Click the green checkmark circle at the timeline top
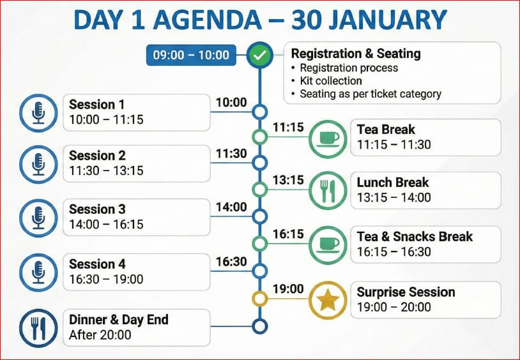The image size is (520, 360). click(x=259, y=55)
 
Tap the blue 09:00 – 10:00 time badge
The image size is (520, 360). click(x=191, y=55)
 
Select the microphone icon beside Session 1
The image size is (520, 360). click(x=38, y=113)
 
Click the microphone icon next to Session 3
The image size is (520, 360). click(x=38, y=218)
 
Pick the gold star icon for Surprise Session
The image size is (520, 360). click(x=328, y=300)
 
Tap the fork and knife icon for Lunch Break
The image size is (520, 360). click(x=328, y=191)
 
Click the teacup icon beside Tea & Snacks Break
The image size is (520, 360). click(x=328, y=245)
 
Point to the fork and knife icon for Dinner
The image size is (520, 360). click(x=38, y=328)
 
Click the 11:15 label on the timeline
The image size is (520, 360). click(x=288, y=127)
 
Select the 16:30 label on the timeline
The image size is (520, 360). click(x=231, y=262)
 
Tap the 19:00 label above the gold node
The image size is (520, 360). click(x=288, y=289)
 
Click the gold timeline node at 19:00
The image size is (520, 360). click(x=259, y=299)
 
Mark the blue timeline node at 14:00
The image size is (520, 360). click(x=259, y=216)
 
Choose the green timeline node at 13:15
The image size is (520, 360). click(x=259, y=190)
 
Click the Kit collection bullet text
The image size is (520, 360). click(x=331, y=81)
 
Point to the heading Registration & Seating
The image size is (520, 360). click(x=356, y=54)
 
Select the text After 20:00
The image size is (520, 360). click(x=100, y=335)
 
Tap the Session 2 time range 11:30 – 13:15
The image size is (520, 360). click(x=106, y=170)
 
